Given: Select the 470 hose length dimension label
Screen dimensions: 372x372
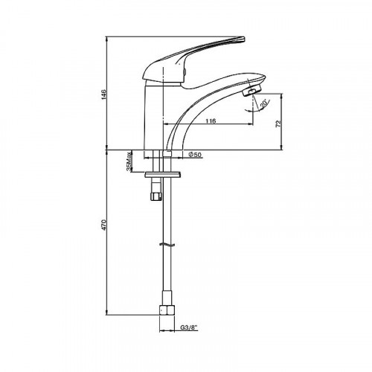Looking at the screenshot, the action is coord(103,225).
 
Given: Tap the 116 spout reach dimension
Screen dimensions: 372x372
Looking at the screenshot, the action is coord(211,121).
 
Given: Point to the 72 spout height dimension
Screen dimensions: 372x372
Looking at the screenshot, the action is coord(278,124).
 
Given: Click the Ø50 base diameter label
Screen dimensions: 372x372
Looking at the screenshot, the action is coord(195,155).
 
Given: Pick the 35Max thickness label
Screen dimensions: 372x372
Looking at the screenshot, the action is coord(129,161).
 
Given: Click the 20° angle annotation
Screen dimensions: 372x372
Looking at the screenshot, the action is coord(264,103).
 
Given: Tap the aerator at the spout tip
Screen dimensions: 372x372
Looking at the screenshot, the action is coord(251,91).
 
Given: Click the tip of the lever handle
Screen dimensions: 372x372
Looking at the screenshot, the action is coord(243,39).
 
